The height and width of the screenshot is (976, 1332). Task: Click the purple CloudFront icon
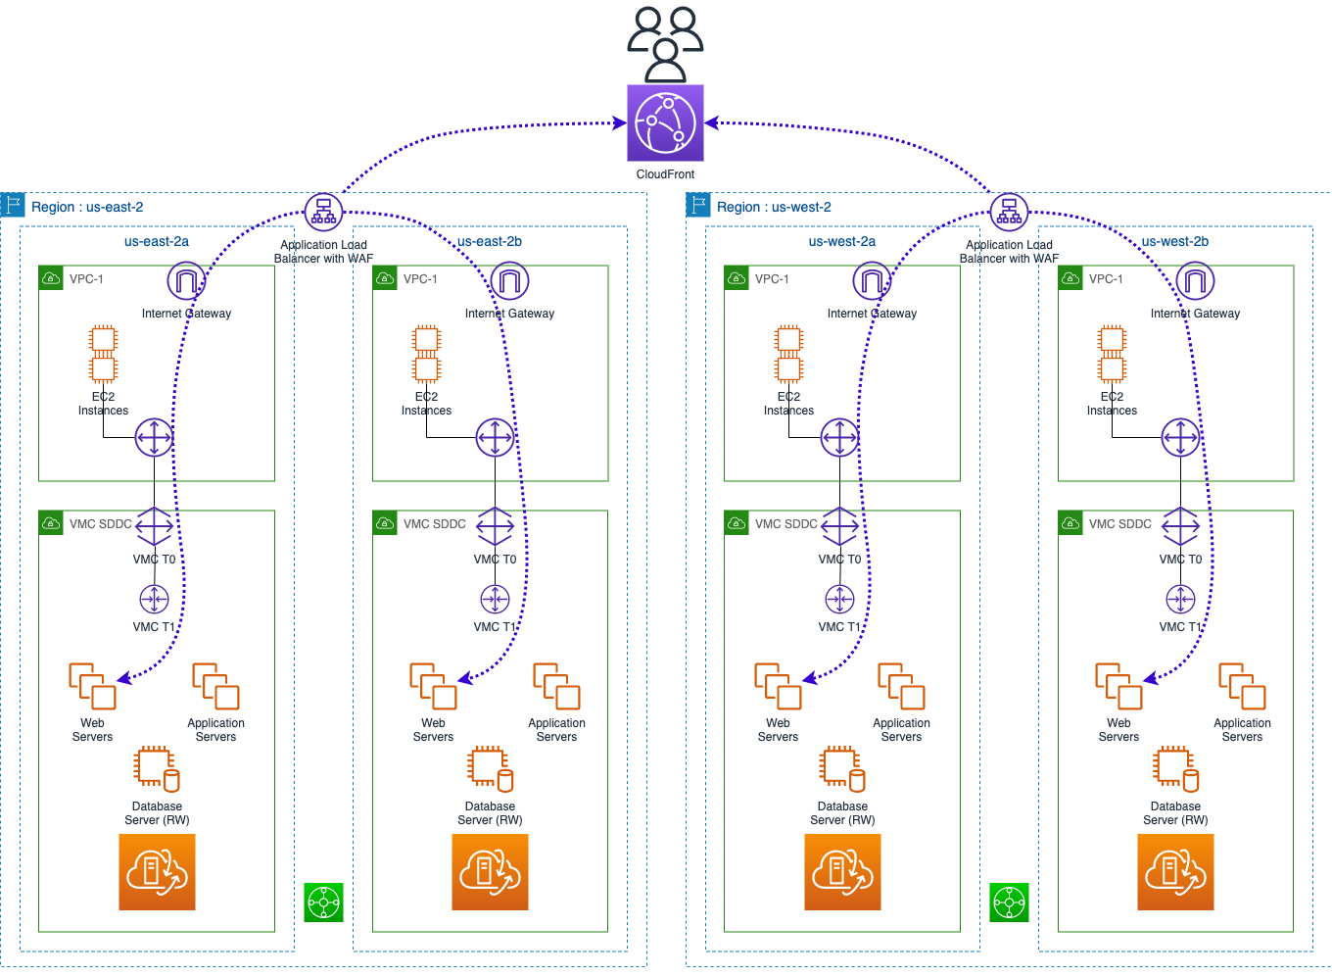(x=665, y=123)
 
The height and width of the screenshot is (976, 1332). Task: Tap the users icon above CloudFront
(x=665, y=45)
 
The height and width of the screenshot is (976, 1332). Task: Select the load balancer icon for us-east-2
(x=323, y=212)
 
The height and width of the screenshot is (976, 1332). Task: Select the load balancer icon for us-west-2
(x=1009, y=212)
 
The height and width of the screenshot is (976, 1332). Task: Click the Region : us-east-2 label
(x=87, y=207)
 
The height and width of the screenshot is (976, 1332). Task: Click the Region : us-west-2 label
(x=774, y=207)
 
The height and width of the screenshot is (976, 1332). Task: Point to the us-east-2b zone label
(x=490, y=242)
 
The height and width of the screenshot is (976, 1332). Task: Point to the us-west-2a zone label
(x=842, y=242)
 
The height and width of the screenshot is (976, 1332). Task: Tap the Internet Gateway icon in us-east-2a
(x=186, y=281)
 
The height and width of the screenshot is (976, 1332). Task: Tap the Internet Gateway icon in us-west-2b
(x=1195, y=281)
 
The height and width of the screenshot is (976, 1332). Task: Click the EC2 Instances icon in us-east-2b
(x=426, y=354)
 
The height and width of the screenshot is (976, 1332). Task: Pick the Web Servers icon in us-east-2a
(x=92, y=686)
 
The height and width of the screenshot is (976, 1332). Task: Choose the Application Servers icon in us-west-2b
(x=1242, y=686)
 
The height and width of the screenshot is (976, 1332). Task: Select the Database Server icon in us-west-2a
(x=842, y=769)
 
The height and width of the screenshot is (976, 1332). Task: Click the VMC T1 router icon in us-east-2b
(x=495, y=600)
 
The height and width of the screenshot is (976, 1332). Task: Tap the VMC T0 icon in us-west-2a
(x=839, y=526)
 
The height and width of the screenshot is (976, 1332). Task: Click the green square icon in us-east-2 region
(x=323, y=903)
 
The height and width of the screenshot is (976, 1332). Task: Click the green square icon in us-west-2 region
(x=1009, y=903)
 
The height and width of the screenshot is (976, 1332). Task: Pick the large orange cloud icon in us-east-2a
(x=157, y=872)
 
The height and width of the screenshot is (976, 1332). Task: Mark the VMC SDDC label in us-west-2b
(x=1120, y=524)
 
